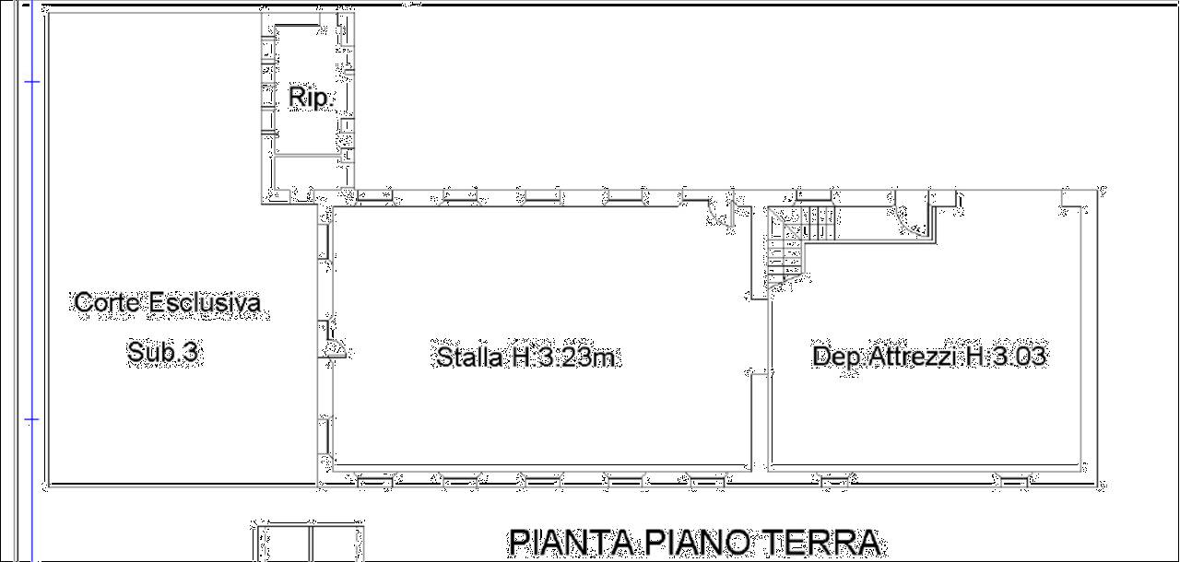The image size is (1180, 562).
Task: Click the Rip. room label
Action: point(311,98)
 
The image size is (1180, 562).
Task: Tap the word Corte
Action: point(109,302)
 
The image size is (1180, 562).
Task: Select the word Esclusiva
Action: point(205,302)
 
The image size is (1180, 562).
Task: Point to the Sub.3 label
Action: point(163,352)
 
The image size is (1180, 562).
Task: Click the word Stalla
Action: point(470,357)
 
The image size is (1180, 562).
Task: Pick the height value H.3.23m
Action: point(563,357)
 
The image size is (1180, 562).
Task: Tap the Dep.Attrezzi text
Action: point(884,356)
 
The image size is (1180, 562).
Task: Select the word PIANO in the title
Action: point(698,543)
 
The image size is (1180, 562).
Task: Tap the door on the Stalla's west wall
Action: point(332,341)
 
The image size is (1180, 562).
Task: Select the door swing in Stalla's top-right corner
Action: point(720,213)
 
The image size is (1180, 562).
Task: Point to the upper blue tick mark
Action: point(31,82)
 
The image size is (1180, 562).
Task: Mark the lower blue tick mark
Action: point(31,420)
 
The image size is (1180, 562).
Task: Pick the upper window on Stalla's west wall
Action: point(325,241)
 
